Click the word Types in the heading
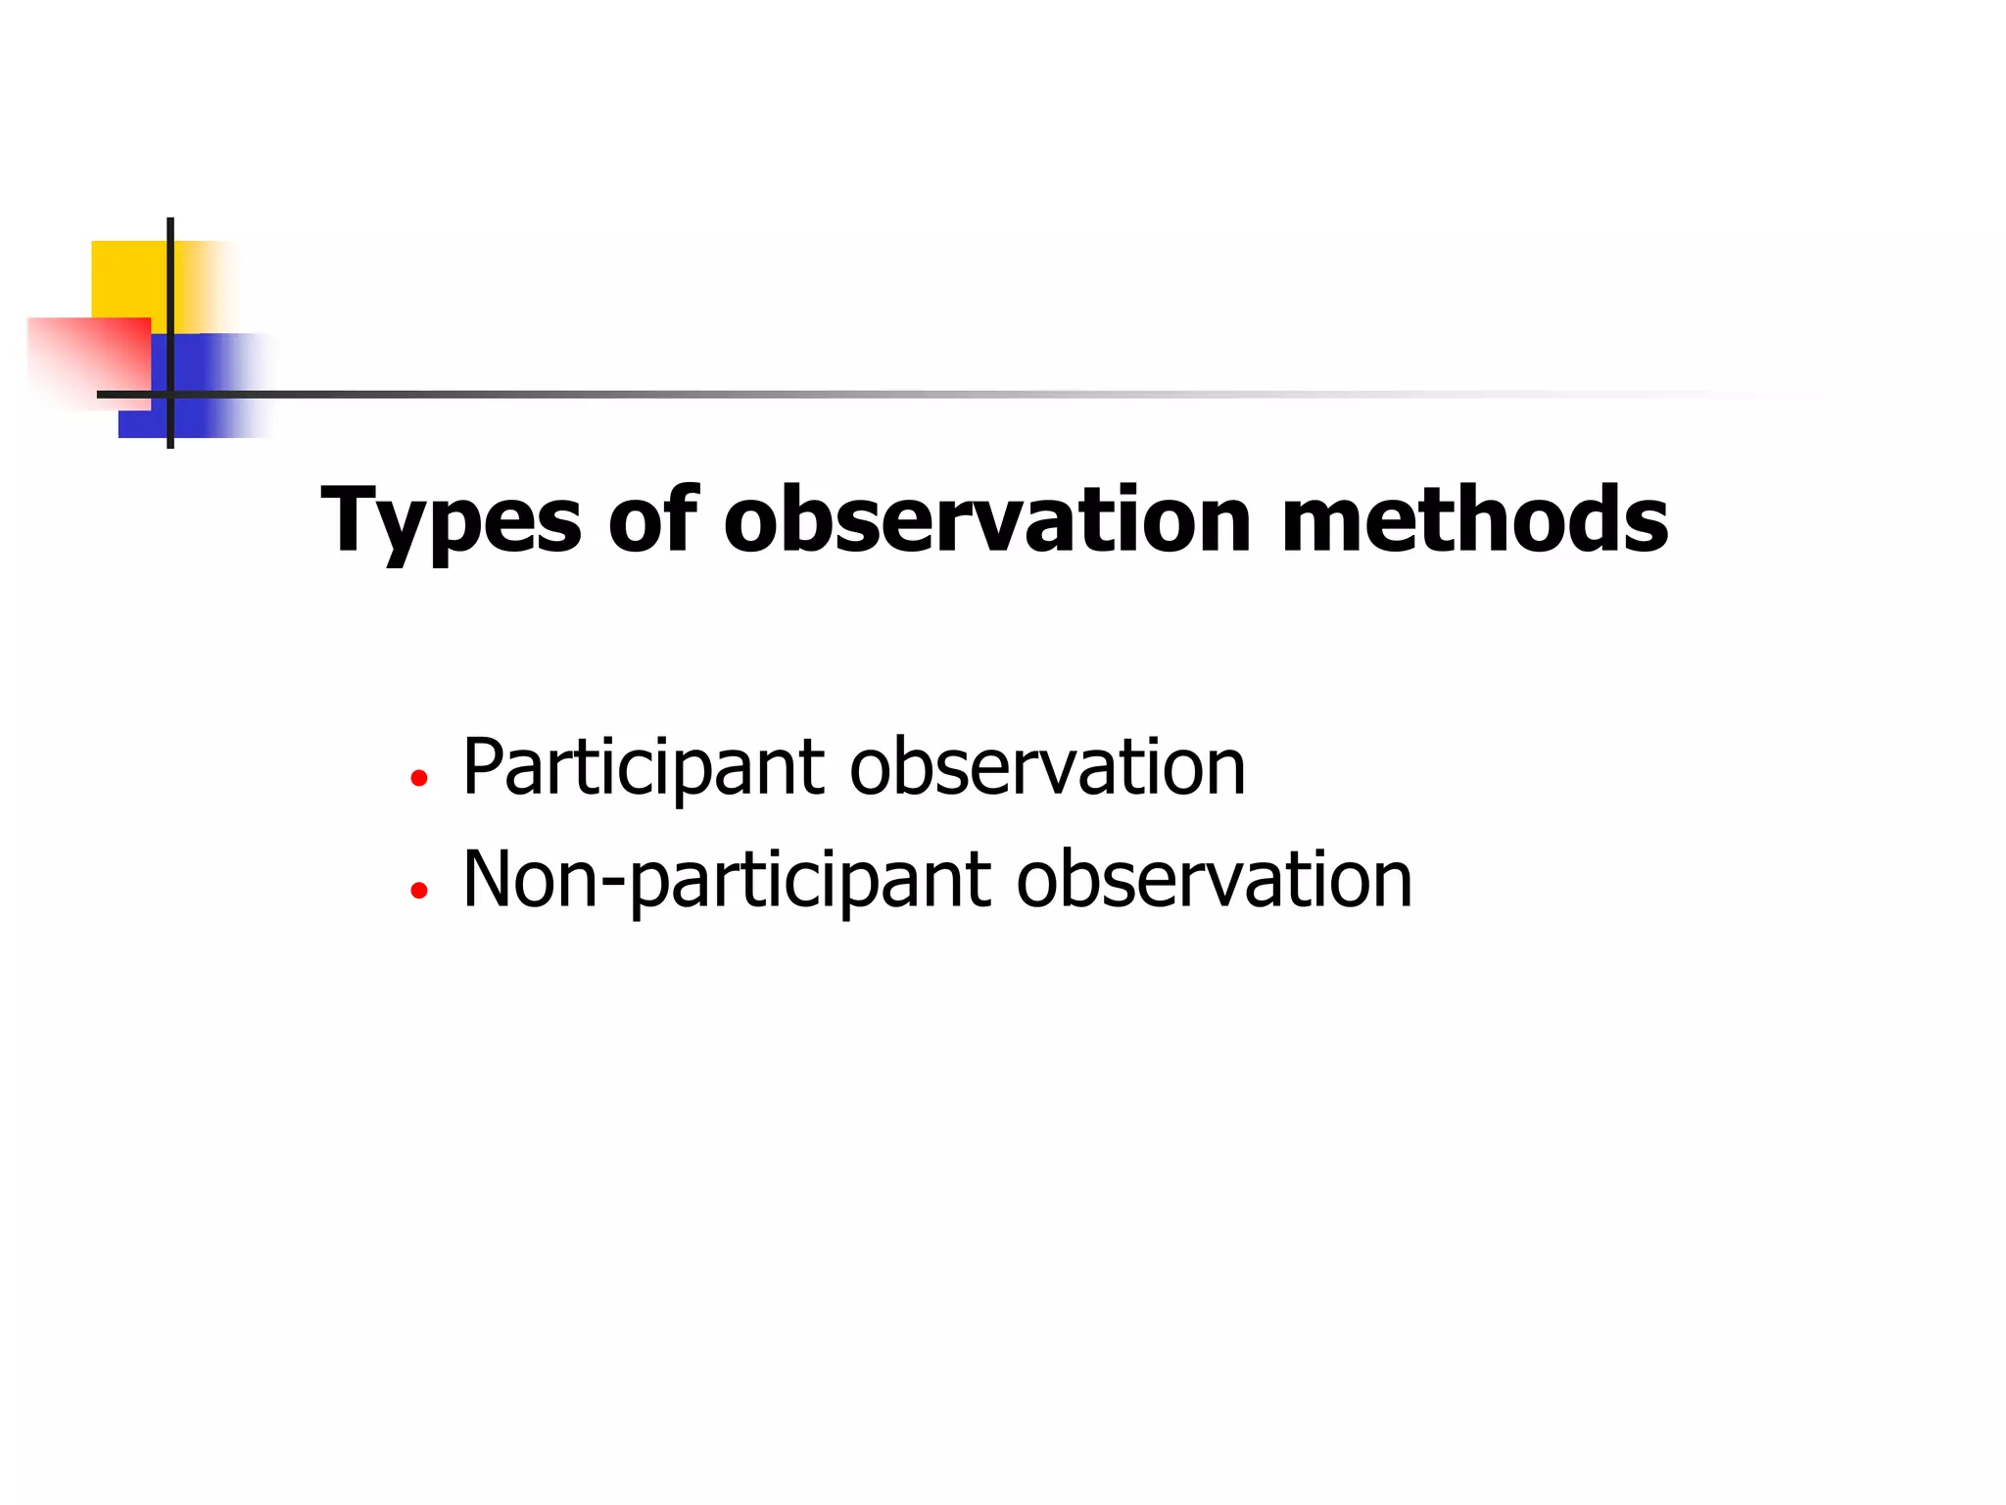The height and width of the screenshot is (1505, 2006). (451, 522)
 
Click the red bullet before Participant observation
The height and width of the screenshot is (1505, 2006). (419, 779)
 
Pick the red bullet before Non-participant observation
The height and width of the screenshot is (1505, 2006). (419, 891)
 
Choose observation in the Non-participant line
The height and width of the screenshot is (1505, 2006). (1214, 880)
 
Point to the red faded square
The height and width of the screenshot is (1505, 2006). (88, 358)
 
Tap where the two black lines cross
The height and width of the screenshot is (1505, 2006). (170, 394)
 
